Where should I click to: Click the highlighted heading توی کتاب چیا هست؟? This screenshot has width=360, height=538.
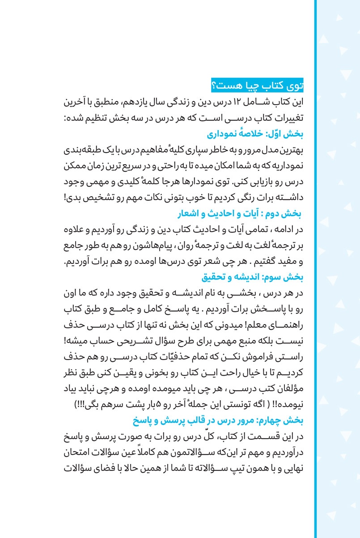(x=257, y=84)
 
